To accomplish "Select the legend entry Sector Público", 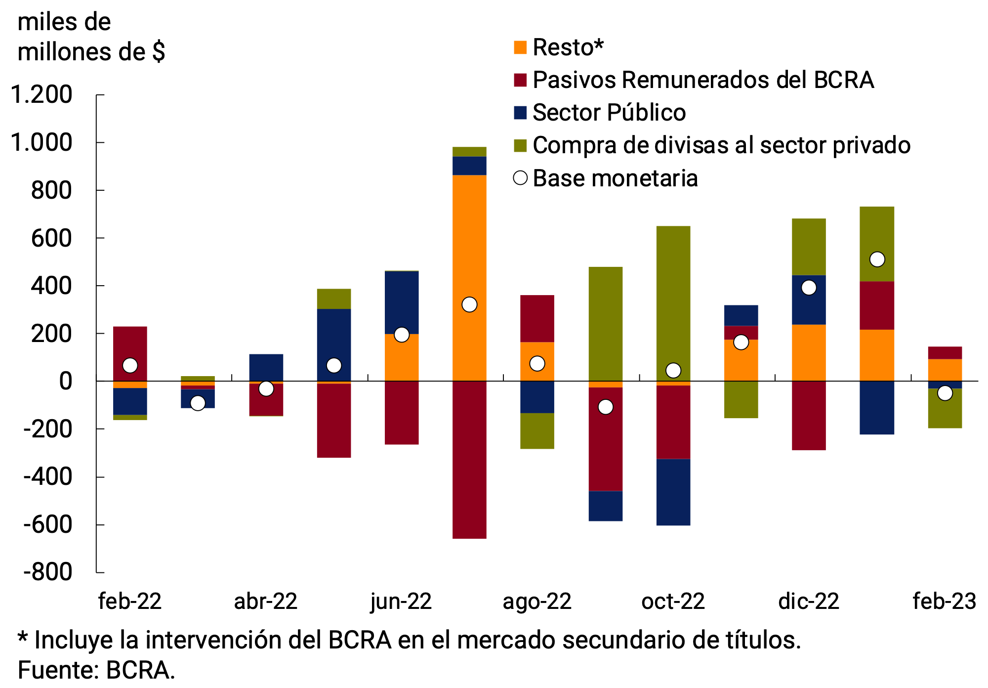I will point(609,113).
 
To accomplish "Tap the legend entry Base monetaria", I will point(615,178).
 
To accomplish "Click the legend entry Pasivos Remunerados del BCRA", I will point(702,80).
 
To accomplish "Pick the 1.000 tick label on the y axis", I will point(41,143).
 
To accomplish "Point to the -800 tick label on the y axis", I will point(47,573).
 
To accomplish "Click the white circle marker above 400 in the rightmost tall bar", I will point(877,259).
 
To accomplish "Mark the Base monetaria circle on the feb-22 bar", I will point(130,366).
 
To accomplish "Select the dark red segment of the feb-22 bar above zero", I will point(130,346).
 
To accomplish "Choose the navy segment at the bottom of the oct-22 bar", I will point(673,492).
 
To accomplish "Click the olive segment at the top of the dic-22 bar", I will point(809,247).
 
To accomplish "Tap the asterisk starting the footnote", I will point(23,638).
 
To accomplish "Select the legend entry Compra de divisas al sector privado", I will point(721,145).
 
